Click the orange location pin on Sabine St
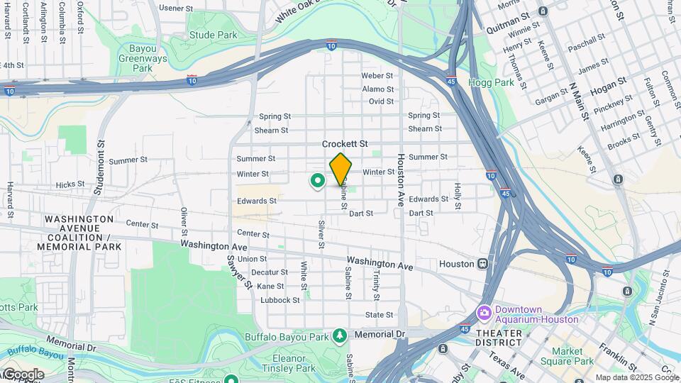click(x=340, y=169)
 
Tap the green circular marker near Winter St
click(x=317, y=181)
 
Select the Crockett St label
click(x=345, y=143)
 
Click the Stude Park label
click(x=213, y=35)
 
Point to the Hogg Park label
click(x=491, y=82)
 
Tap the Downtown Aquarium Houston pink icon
click(x=485, y=312)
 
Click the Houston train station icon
click(x=482, y=264)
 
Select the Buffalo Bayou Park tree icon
click(x=341, y=335)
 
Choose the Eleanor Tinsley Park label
click(x=287, y=362)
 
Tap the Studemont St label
click(x=99, y=166)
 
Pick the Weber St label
click(x=377, y=75)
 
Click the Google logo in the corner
click(x=23, y=374)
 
